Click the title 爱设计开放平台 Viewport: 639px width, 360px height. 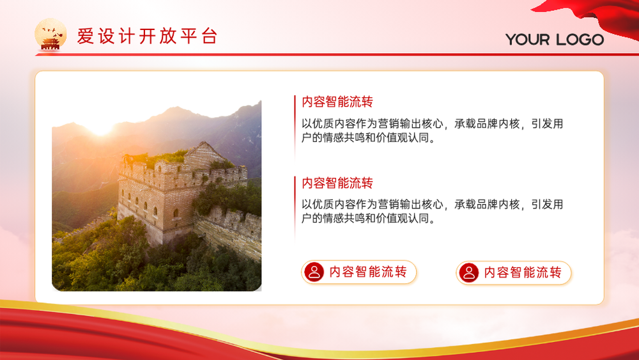click(x=147, y=36)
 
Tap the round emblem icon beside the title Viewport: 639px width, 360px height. click(x=50, y=35)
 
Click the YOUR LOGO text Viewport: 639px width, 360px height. click(x=555, y=40)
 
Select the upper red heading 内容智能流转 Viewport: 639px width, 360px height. click(x=337, y=102)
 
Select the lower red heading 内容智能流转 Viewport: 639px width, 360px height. click(x=337, y=183)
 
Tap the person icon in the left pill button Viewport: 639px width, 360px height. click(x=314, y=272)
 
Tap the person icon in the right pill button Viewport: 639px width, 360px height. click(x=469, y=272)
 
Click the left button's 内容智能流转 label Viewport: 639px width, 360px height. click(x=368, y=272)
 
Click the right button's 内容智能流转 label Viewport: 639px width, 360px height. click(x=523, y=272)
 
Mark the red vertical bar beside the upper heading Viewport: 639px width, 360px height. click(x=295, y=127)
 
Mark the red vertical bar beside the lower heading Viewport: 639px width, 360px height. click(x=295, y=208)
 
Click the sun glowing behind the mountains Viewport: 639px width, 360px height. click(x=100, y=127)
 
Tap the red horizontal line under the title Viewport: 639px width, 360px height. click(x=337, y=54)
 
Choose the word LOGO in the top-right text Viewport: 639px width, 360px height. click(x=580, y=40)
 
